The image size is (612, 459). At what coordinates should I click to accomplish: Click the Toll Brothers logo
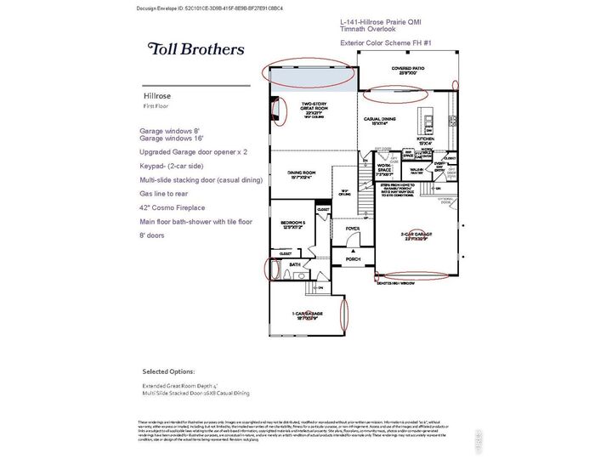click(195, 49)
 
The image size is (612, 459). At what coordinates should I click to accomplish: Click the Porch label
click(351, 258)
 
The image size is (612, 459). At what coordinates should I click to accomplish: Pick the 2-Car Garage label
click(415, 235)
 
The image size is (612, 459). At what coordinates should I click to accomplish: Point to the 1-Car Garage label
click(306, 314)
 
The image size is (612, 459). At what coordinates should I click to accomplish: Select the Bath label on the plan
click(294, 265)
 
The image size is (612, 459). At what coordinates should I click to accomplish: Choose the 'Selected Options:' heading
click(168, 371)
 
